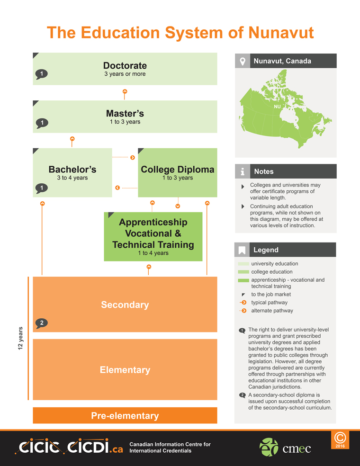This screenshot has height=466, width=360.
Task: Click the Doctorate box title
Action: tap(125, 65)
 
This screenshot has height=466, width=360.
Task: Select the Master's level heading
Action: tap(125, 114)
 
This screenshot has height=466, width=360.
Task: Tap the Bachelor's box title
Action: tap(72, 170)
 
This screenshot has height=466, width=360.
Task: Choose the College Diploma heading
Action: tap(178, 170)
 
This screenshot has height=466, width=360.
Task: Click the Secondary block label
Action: tap(125, 305)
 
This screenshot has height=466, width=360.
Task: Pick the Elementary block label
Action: tap(125, 370)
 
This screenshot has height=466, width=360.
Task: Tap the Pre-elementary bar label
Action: tap(125, 416)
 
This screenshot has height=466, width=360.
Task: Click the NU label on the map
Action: tap(278, 107)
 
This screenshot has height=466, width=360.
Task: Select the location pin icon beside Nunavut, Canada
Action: tap(243, 61)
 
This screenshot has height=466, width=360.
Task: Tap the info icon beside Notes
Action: tap(243, 171)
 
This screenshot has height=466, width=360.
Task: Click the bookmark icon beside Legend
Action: tap(243, 250)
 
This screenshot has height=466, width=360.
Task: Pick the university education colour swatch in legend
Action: tap(243, 264)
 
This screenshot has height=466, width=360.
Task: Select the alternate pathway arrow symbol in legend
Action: tap(243, 311)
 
